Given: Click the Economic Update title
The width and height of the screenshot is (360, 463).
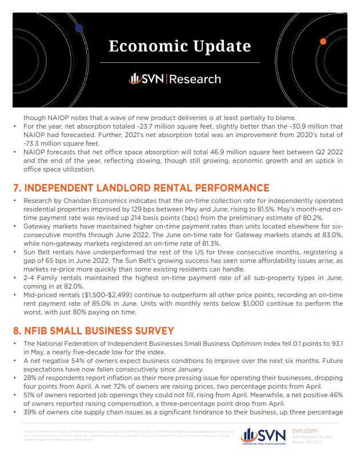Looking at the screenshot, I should pos(180,46).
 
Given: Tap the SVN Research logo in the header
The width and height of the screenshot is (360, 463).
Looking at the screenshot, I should pos(179,79).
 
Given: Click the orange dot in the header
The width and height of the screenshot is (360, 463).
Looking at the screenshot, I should pos(323,42).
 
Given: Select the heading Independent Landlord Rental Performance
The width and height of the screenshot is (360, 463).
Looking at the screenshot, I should pos(141,187).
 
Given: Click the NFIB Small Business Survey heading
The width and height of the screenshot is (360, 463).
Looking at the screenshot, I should pos(102,330).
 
